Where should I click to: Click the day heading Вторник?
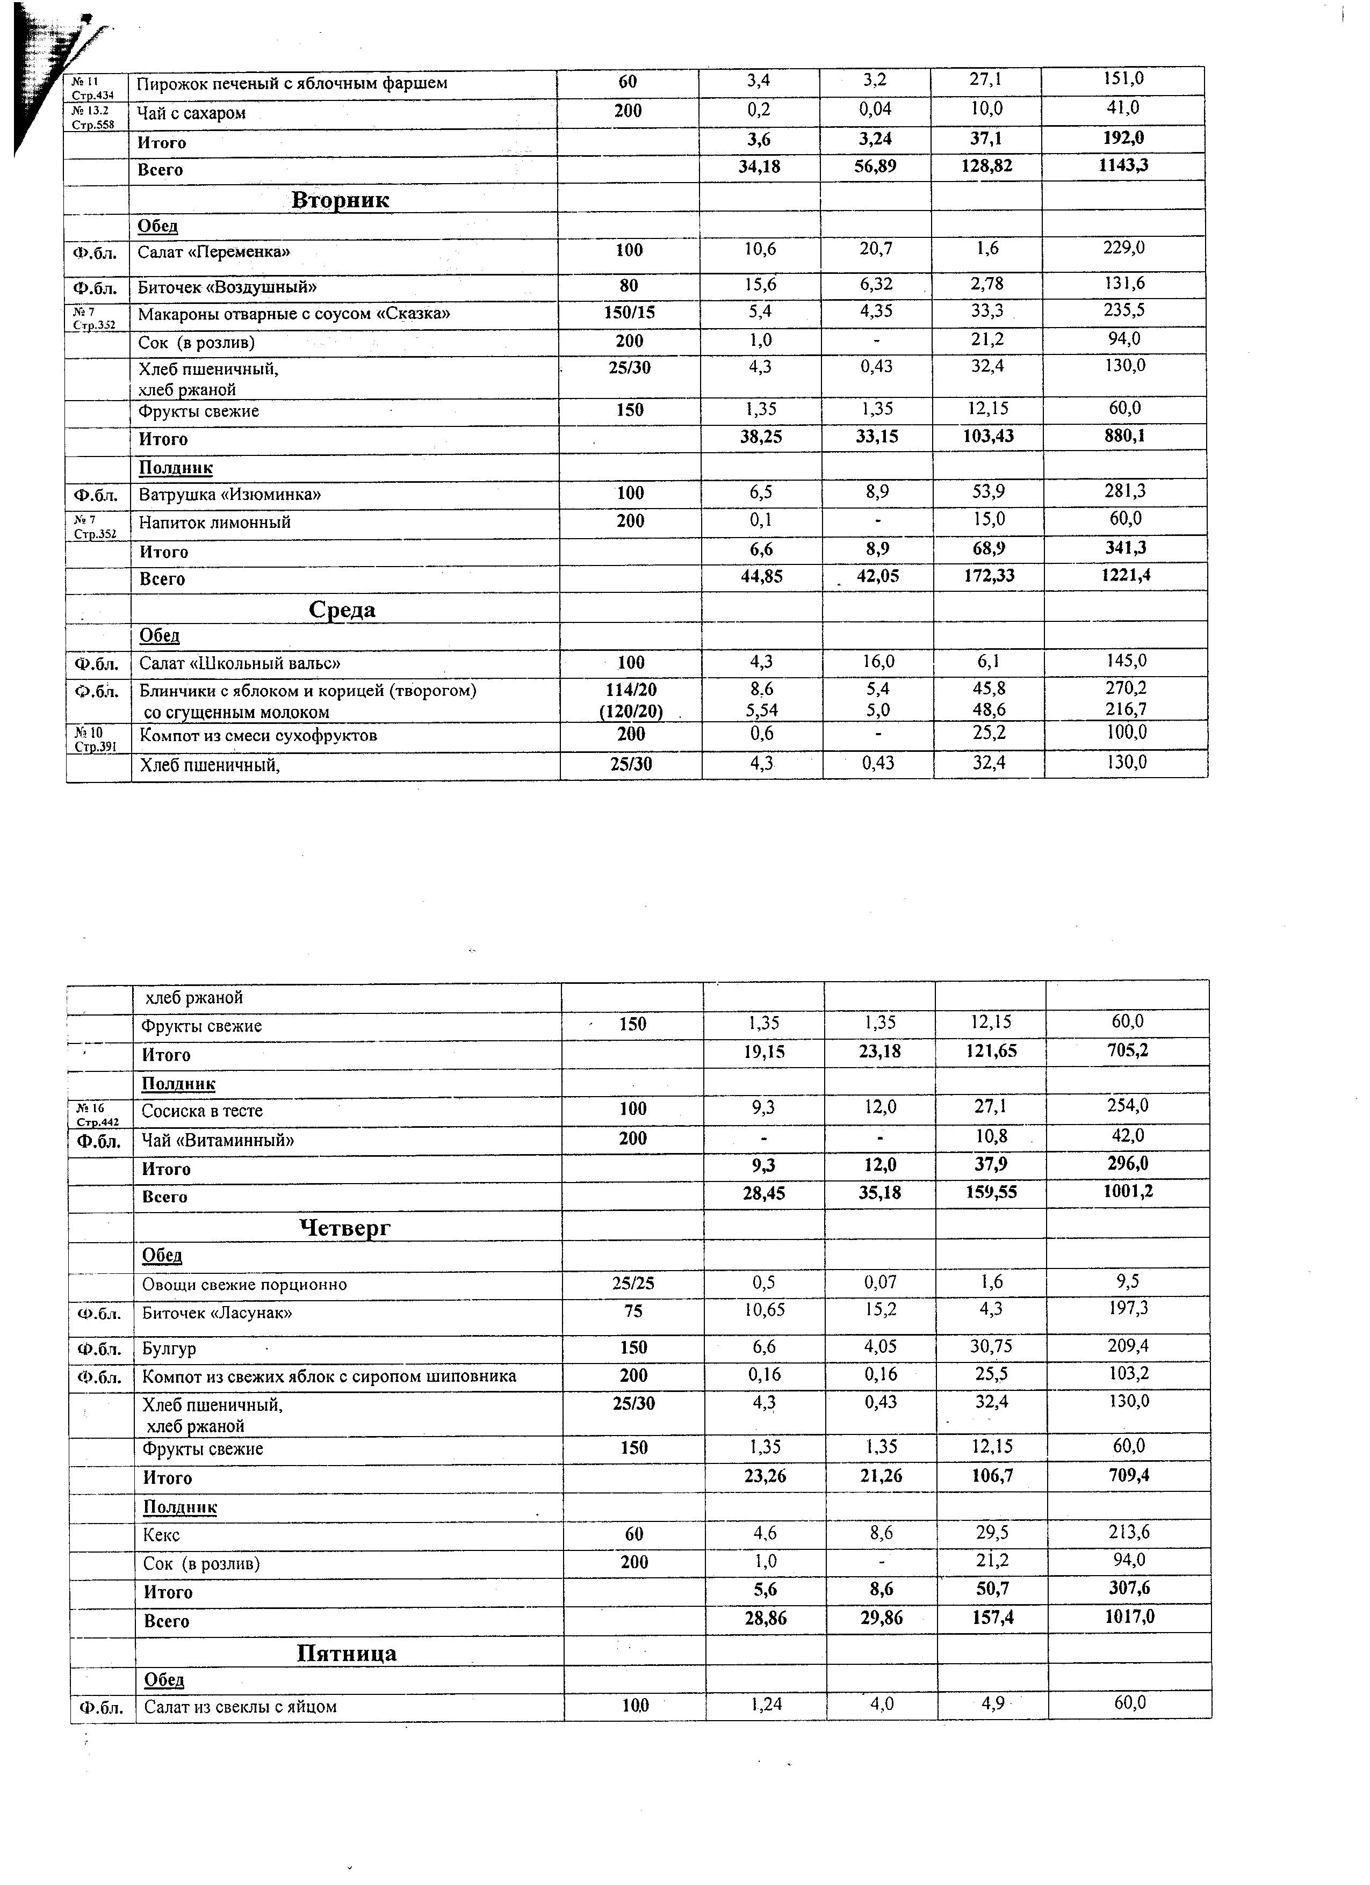340,200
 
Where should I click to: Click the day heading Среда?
342,610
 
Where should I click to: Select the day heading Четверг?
344,1228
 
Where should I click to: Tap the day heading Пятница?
347,1653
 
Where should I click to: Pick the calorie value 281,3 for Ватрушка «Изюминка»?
1125,491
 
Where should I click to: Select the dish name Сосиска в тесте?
202,1111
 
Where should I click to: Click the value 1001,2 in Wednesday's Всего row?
1128,1192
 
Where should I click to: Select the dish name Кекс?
161,1535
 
